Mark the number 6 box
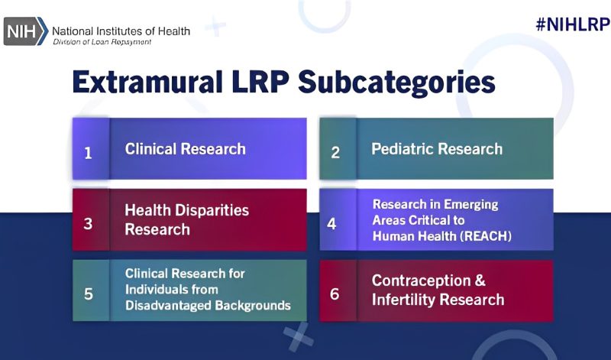(x=337, y=291)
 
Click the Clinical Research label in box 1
(x=186, y=149)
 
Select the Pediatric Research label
(x=437, y=149)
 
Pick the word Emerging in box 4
(x=470, y=205)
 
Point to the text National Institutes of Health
(x=121, y=31)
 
